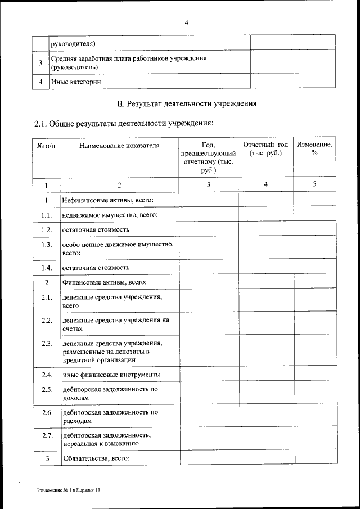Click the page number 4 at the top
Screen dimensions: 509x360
point(186,22)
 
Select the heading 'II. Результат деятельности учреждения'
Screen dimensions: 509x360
point(186,103)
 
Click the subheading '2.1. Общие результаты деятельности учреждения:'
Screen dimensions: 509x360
point(124,123)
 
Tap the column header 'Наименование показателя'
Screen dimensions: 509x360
point(119,145)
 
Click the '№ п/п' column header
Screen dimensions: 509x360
point(47,145)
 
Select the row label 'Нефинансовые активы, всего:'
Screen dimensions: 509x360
point(108,200)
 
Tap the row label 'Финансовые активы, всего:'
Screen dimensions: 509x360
point(104,282)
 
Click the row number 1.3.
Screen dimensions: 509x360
point(47,244)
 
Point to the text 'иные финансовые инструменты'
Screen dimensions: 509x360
point(111,374)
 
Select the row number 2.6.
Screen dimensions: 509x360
point(47,412)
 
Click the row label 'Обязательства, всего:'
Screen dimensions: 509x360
point(96,458)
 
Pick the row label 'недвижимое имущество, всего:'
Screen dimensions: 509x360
point(109,215)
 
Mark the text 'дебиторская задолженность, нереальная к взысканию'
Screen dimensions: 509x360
point(107,439)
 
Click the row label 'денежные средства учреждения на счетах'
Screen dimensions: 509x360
point(116,324)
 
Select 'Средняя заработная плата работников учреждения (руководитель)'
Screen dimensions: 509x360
point(129,62)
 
